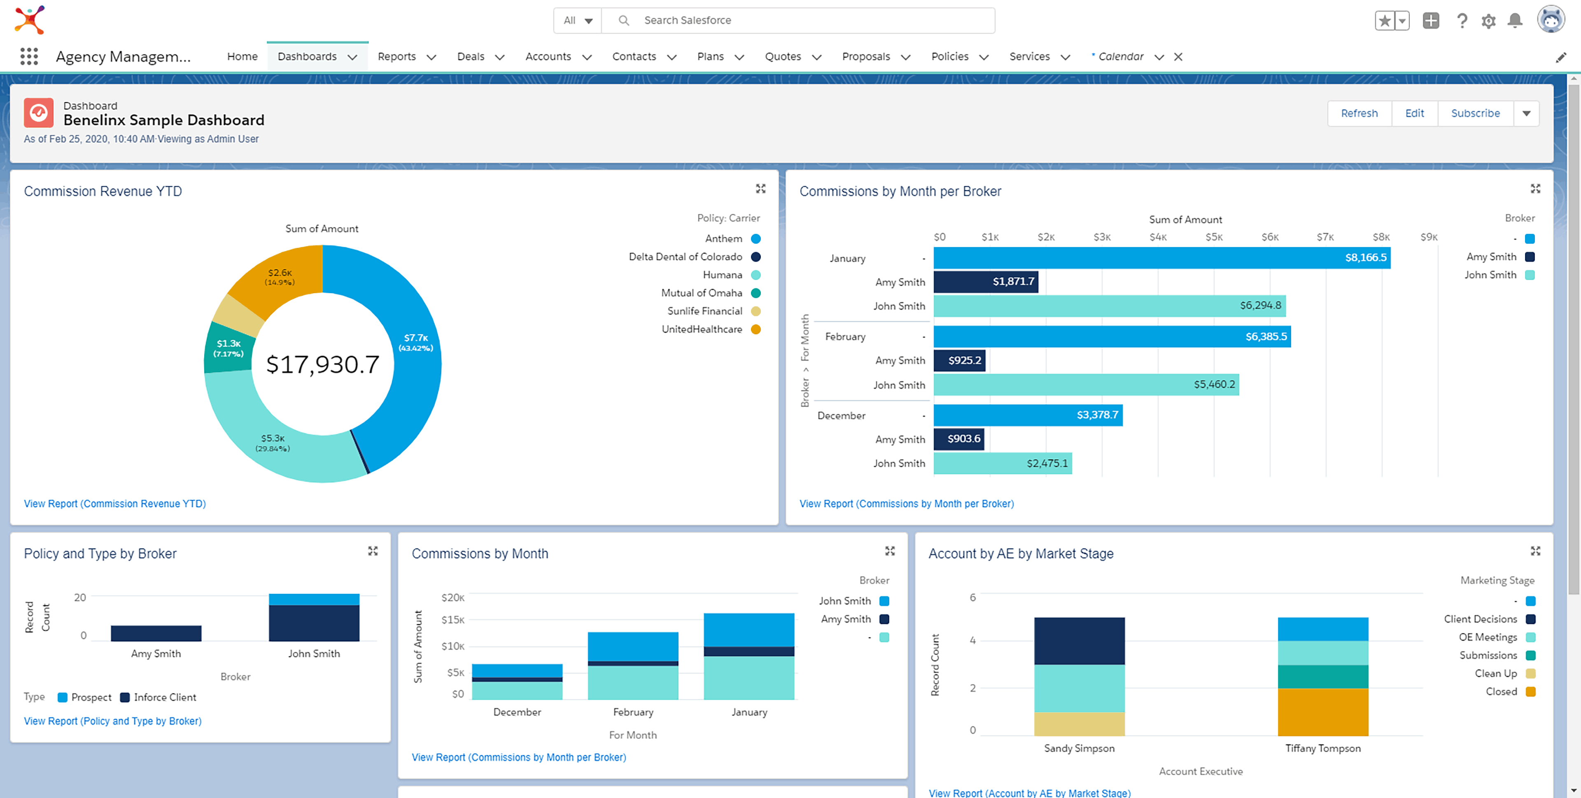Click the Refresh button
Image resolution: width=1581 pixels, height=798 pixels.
pyautogui.click(x=1359, y=114)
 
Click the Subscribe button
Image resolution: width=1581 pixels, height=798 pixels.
pyautogui.click(x=1475, y=114)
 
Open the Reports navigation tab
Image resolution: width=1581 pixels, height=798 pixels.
pyautogui.click(x=396, y=56)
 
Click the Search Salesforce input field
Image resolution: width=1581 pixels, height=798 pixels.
pyautogui.click(x=798, y=20)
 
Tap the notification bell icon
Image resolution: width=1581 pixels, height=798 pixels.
pyautogui.click(x=1515, y=21)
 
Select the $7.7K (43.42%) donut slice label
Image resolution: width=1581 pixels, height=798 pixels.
pyautogui.click(x=415, y=343)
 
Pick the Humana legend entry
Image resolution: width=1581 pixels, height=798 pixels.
pyautogui.click(x=723, y=275)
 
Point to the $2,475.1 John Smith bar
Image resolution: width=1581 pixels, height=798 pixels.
pyautogui.click(x=1002, y=464)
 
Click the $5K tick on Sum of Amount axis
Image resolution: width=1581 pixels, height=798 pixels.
pyautogui.click(x=1213, y=237)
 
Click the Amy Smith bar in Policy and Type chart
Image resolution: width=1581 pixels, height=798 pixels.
pyautogui.click(x=156, y=633)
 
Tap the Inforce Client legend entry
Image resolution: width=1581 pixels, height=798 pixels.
pyautogui.click(x=165, y=698)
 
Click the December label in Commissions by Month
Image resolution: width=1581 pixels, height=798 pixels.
pyautogui.click(x=517, y=712)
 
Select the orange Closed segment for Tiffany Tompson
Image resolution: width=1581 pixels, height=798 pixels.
pyautogui.click(x=1322, y=712)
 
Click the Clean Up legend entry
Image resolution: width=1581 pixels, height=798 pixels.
pyautogui.click(x=1496, y=673)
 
